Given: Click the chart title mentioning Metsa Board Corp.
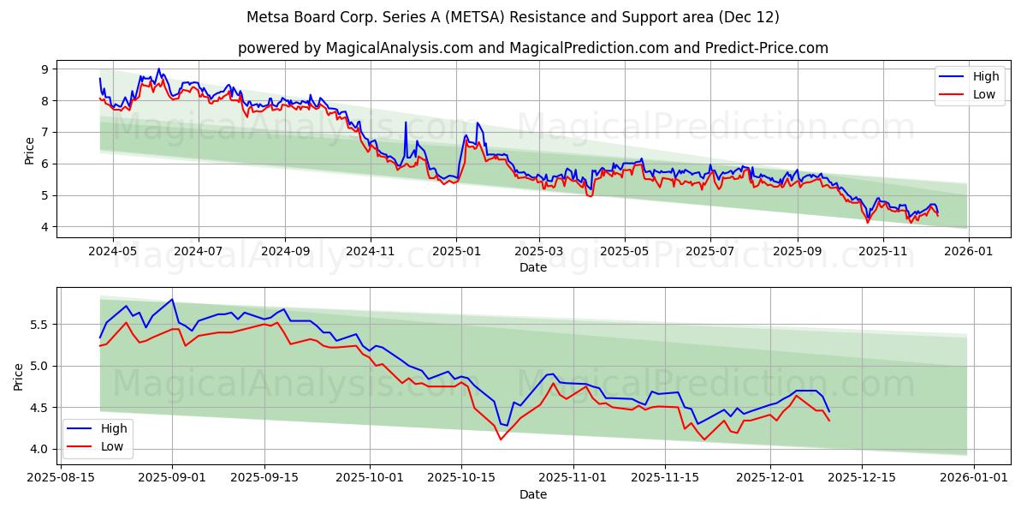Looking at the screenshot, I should (x=513, y=17).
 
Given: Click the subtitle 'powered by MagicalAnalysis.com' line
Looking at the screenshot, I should (x=532, y=48).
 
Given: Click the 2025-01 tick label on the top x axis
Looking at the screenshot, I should (x=455, y=251).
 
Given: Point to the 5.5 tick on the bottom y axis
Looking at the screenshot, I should (x=39, y=325).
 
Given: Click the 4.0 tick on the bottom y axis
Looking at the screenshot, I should (x=39, y=449).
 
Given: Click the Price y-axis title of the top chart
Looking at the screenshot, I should (x=30, y=150).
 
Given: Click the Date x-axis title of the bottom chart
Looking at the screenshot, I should (x=532, y=494).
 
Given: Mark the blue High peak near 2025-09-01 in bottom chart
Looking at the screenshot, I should (x=172, y=299).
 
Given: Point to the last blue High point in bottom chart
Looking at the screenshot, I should (x=828, y=411).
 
